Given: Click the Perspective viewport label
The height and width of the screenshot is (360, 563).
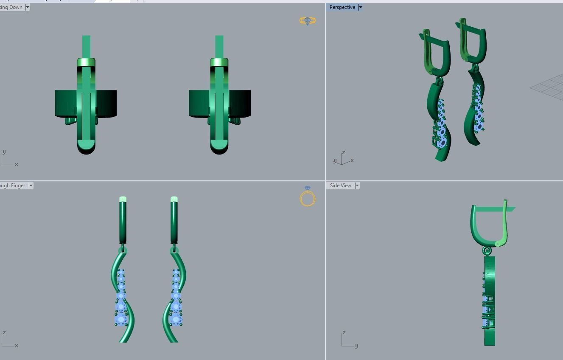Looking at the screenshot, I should pyautogui.click(x=342, y=7).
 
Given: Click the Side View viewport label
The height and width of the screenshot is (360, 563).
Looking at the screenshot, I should pyautogui.click(x=340, y=186).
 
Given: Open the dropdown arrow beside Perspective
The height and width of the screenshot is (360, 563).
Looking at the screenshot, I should pyautogui.click(x=361, y=7).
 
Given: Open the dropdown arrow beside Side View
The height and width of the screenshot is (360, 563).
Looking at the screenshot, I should pyautogui.click(x=357, y=186).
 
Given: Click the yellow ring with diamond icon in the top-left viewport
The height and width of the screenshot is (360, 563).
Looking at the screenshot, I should pyautogui.click(x=307, y=20).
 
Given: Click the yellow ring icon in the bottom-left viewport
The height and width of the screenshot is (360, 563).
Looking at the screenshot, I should pyautogui.click(x=307, y=198).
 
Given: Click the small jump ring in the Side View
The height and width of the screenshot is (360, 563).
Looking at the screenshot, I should pyautogui.click(x=487, y=251).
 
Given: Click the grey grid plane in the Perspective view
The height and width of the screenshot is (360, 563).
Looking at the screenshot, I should pyautogui.click(x=549, y=87).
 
